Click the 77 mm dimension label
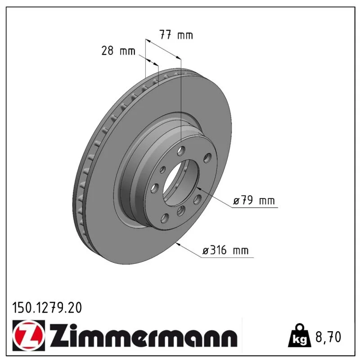[176, 35]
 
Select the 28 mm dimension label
[118, 50]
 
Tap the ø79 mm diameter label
[254, 200]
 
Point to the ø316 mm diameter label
[225, 250]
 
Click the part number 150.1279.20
[47, 308]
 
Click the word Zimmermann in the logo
[144, 335]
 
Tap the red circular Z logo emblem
[29, 335]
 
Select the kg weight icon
[299, 336]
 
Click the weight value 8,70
[328, 337]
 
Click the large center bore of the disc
[180, 183]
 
